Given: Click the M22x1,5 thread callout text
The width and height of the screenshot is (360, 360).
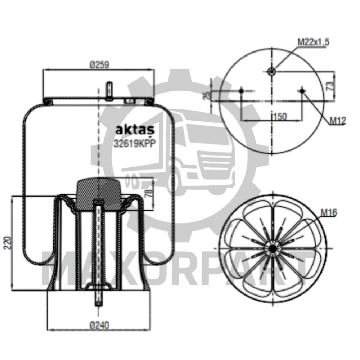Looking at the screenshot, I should pos(313,42).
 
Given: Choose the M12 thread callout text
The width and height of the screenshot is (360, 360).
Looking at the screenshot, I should pos(338,121).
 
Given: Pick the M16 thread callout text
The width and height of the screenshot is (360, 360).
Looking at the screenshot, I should pos(328,213).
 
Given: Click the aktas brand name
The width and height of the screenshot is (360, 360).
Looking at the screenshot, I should pos(134,129).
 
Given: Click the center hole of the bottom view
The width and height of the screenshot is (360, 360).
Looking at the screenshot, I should pos(273,249).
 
